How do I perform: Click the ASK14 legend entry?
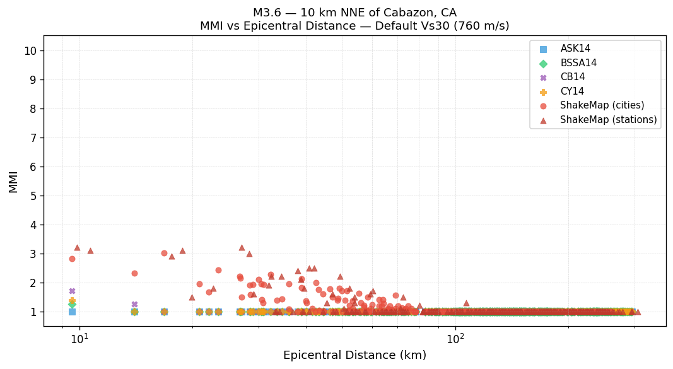click(575, 49)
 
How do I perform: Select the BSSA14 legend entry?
click(578, 63)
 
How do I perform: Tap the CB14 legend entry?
click(572, 77)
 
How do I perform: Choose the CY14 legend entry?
click(572, 91)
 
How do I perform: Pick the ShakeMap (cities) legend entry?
click(602, 105)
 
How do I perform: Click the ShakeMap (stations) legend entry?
click(608, 120)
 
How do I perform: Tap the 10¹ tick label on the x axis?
click(79, 339)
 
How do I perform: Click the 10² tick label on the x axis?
click(455, 339)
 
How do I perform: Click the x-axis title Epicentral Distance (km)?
click(354, 355)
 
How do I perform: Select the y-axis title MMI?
click(13, 181)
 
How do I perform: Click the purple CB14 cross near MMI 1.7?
click(72, 291)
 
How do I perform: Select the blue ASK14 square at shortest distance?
click(72, 312)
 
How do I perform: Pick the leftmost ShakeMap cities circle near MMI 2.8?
click(72, 259)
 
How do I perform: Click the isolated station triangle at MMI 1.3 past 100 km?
click(466, 303)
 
